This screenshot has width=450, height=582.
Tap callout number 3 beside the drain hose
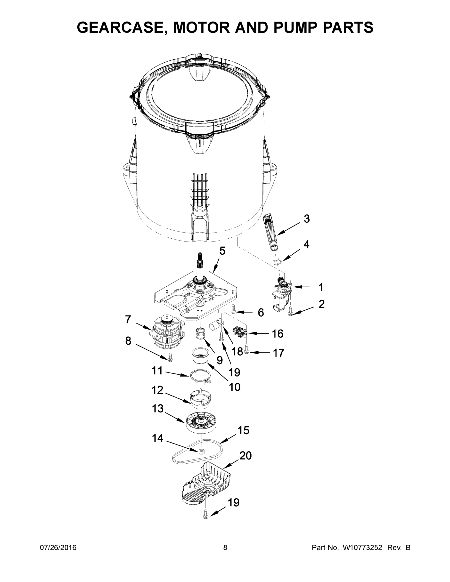307,218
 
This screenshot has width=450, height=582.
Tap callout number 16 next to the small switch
278,333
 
